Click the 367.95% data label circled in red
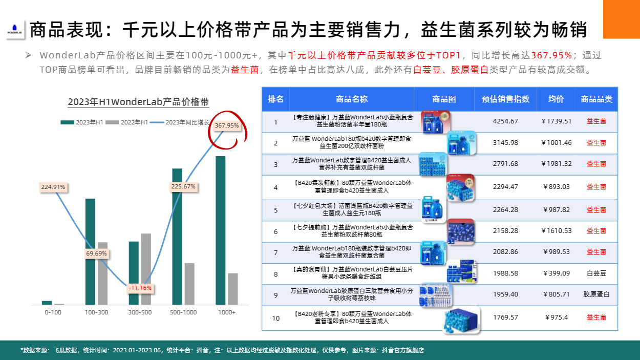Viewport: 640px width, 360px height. [x=227, y=125]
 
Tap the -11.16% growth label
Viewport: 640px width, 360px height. [x=140, y=288]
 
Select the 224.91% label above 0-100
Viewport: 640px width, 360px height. [x=53, y=187]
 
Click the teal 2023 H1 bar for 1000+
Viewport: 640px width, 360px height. [x=221, y=230]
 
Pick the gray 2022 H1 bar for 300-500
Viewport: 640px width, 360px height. [x=146, y=269]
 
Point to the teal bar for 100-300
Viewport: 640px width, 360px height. [x=90, y=252]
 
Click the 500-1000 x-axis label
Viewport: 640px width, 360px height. [x=183, y=312]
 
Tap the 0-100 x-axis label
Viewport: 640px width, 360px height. [x=53, y=312]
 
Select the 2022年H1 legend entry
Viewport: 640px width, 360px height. [x=127, y=122]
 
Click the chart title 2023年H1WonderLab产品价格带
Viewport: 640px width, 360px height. [x=139, y=102]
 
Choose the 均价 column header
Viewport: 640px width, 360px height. [x=556, y=99]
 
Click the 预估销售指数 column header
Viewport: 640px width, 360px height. [x=505, y=99]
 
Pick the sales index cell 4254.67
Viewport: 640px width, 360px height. [x=505, y=121]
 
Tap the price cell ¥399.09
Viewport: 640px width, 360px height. [x=556, y=273]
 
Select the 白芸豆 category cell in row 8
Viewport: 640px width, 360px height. [x=596, y=273]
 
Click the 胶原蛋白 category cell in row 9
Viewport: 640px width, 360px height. [x=596, y=294]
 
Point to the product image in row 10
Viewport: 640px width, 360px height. [x=462, y=320]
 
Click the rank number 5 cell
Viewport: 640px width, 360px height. [x=276, y=210]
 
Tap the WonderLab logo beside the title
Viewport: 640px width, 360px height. [x=14, y=29]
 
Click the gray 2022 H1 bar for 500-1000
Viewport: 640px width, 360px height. [x=189, y=284]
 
